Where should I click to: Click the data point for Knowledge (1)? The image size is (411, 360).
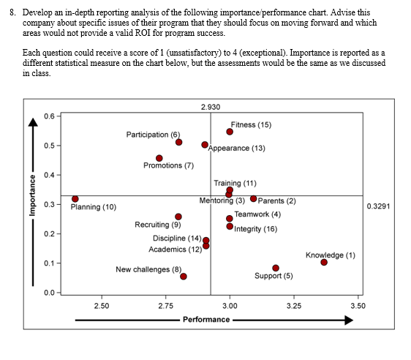(x=324, y=263)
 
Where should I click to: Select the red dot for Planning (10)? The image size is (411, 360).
(x=75, y=199)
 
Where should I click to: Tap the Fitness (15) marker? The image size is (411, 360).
(x=230, y=132)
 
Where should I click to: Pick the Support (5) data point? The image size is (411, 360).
(x=276, y=268)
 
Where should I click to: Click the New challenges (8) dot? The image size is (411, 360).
(x=184, y=277)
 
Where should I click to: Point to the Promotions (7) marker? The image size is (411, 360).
(x=159, y=158)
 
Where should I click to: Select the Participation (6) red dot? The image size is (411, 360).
(x=179, y=142)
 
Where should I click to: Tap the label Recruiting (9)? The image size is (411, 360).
(x=158, y=225)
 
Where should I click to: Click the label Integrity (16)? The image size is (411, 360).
(x=256, y=229)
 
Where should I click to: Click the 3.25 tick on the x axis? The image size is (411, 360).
(x=293, y=304)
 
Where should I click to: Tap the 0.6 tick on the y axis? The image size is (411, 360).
(x=48, y=117)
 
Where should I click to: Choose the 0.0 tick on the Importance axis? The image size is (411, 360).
(x=48, y=293)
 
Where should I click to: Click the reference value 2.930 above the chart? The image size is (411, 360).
(x=210, y=108)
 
